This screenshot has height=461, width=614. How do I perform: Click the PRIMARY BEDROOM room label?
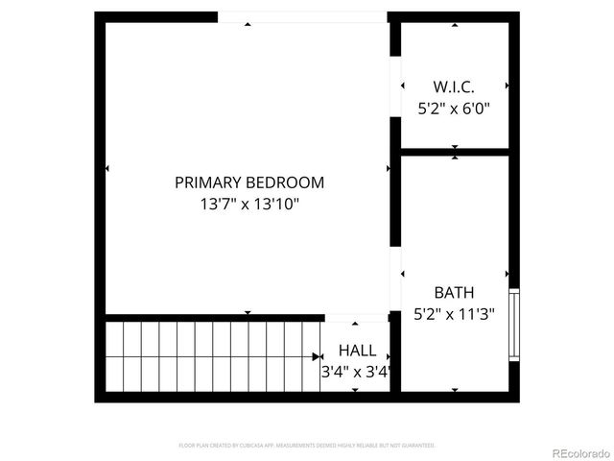click(x=249, y=182)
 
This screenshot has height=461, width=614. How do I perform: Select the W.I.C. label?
click(x=454, y=86)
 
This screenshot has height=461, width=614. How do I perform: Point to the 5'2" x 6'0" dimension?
click(x=454, y=109)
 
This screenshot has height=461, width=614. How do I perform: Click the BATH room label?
click(x=454, y=292)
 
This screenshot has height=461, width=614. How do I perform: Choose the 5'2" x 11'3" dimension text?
click(x=454, y=313)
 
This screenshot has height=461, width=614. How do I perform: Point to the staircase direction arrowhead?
click(x=317, y=357)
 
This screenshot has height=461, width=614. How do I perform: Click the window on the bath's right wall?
click(x=513, y=325)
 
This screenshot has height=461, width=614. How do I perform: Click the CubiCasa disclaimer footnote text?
click(x=307, y=446)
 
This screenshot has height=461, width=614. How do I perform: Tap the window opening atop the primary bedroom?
click(x=302, y=17)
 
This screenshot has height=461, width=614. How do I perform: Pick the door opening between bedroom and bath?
click(x=394, y=279)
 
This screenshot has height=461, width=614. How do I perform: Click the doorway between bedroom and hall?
click(x=357, y=317)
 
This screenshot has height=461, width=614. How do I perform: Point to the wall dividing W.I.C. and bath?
click(x=454, y=151)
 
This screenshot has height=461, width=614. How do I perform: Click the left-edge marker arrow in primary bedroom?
click(x=106, y=169)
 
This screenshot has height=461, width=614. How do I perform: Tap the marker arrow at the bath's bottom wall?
click(x=454, y=389)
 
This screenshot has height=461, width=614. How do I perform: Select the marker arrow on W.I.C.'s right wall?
click(x=507, y=85)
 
